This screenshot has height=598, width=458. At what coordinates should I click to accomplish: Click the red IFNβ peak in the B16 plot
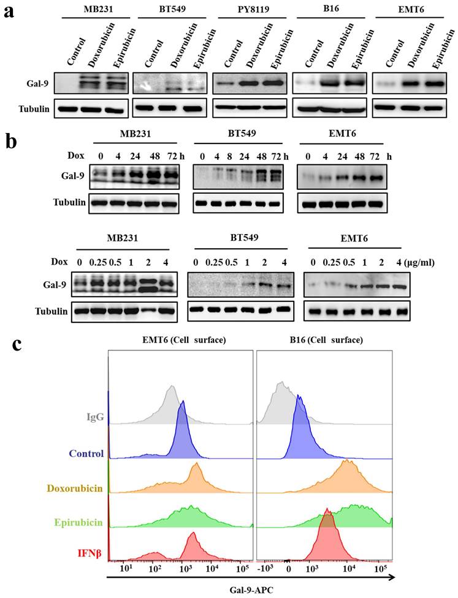327,512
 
